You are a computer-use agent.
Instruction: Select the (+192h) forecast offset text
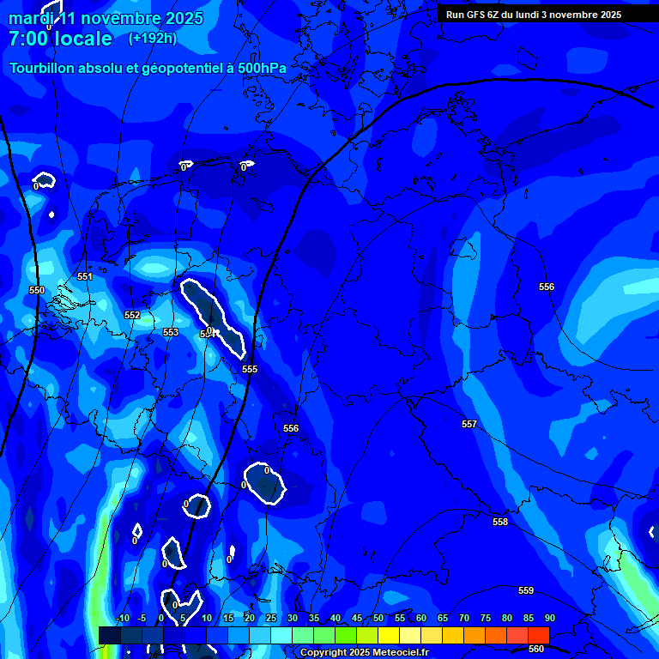(152, 39)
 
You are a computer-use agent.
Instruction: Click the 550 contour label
(37, 291)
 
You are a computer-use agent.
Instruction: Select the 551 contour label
(85, 277)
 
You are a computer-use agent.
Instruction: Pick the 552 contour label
(131, 316)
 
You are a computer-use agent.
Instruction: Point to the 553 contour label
(171, 332)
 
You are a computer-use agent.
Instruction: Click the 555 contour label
(250, 370)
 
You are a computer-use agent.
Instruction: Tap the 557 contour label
(469, 425)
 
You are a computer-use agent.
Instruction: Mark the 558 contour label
(500, 523)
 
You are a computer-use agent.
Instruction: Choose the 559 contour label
(526, 591)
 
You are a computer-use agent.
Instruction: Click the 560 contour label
(536, 649)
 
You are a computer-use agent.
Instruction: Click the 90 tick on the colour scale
(549, 619)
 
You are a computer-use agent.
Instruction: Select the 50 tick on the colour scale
(378, 619)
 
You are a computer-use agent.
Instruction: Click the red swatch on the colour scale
(538, 635)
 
